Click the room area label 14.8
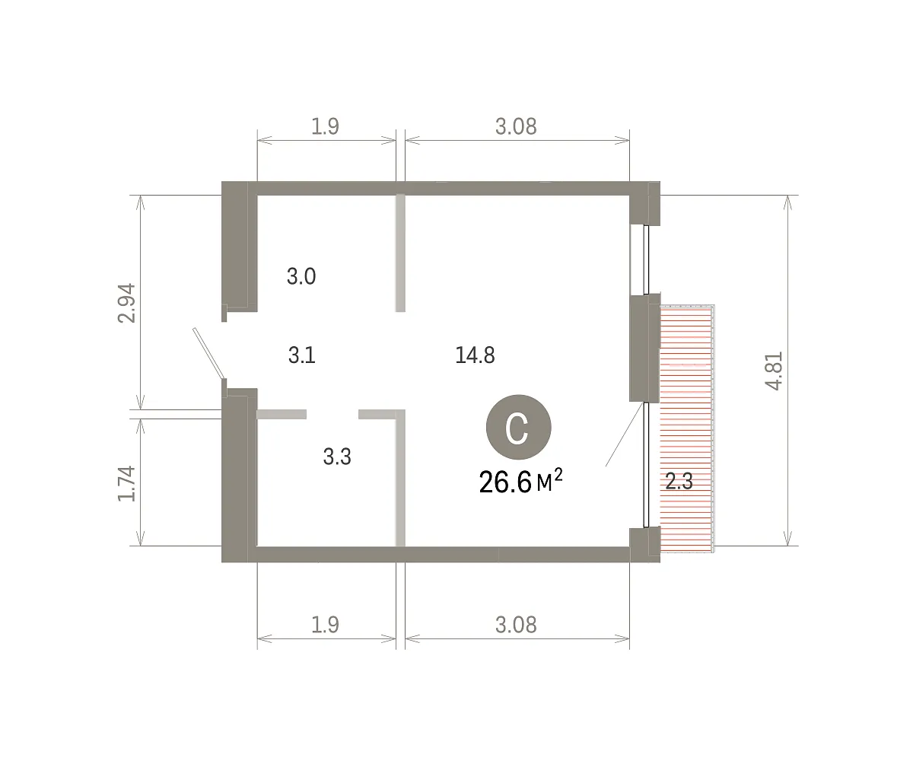(x=475, y=355)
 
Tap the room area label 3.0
(x=301, y=276)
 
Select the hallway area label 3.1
(x=302, y=355)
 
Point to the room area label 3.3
(x=337, y=457)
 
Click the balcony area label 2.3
(x=679, y=482)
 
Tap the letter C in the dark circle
(x=517, y=428)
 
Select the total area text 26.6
(x=505, y=482)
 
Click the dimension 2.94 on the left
(x=127, y=303)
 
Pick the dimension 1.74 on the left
(x=127, y=483)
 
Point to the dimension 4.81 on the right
(x=774, y=371)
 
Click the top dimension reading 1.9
(x=325, y=127)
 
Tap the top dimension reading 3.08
(x=516, y=127)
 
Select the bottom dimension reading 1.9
(x=325, y=625)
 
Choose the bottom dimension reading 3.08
(x=516, y=625)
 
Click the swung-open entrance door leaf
(x=209, y=353)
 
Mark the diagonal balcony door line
(x=625, y=435)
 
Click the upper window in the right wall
(x=646, y=259)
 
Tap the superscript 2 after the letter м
(x=558, y=475)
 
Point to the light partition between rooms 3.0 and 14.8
(x=400, y=253)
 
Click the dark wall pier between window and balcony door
(x=644, y=348)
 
